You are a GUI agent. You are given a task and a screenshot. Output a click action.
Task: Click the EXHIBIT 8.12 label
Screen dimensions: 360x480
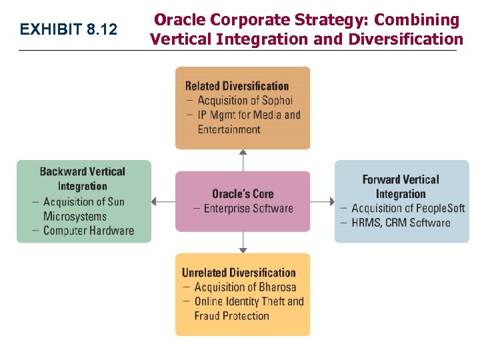[68, 30]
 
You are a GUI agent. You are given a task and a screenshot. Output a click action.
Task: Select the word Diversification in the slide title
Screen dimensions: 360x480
[405, 39]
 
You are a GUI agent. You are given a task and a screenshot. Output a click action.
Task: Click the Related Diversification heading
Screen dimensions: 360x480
[237, 86]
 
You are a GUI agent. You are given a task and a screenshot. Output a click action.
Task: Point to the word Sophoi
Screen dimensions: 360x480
[277, 101]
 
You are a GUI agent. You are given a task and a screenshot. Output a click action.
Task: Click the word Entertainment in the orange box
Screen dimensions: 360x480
[229, 129]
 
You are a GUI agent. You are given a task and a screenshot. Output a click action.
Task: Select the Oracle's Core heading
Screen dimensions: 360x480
[243, 194]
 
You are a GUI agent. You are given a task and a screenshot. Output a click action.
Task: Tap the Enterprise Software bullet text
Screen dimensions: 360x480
[248, 209]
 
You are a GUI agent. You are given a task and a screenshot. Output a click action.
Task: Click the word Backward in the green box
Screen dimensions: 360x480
[63, 172]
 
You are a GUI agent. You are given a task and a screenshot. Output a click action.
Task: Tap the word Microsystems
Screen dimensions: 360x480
[75, 216]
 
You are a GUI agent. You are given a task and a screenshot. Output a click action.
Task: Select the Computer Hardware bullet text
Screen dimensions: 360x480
[88, 231]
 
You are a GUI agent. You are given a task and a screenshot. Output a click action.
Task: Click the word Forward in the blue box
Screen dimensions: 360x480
[382, 179]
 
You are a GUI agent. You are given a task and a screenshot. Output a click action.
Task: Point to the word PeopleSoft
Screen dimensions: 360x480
[437, 208]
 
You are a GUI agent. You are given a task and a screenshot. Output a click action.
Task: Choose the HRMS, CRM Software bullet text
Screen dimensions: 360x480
[401, 222]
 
